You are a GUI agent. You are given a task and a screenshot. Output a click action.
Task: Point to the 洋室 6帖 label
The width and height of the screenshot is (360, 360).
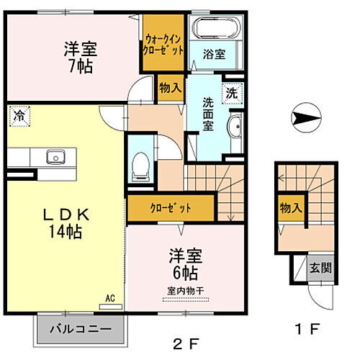(185, 264)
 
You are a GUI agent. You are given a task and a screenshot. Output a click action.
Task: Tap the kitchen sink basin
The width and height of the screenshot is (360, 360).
(55, 156)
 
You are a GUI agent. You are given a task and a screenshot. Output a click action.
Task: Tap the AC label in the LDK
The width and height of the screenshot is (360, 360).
(111, 297)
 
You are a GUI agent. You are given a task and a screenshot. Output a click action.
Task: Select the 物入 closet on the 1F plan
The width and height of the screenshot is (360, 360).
(290, 209)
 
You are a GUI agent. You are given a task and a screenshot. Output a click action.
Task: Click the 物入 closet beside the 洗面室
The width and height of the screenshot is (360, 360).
(170, 88)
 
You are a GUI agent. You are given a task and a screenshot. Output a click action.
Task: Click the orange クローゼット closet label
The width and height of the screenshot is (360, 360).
(171, 209)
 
